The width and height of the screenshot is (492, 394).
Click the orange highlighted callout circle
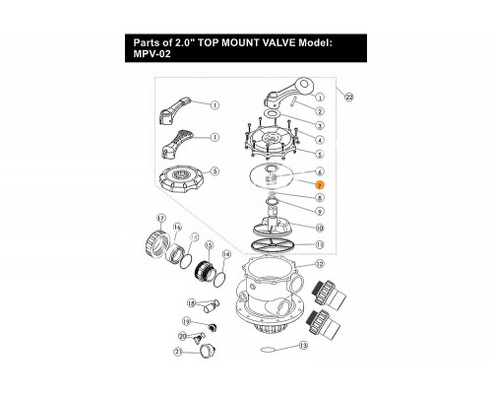[x=320, y=185]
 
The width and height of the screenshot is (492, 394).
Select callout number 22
[x=349, y=97]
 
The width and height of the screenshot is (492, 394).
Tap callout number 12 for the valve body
[x=320, y=264]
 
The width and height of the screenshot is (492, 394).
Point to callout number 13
[x=303, y=346]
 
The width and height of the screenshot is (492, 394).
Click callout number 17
[x=161, y=219]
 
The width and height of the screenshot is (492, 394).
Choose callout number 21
[x=178, y=352]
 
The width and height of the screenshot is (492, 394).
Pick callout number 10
[x=320, y=228]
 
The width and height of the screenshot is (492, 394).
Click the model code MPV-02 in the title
[x=152, y=53]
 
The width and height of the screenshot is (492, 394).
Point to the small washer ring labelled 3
[x=272, y=113]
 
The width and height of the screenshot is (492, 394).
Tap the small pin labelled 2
[x=293, y=100]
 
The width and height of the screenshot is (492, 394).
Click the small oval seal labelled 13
[x=266, y=350]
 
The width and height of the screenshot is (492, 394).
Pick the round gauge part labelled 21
[x=208, y=349]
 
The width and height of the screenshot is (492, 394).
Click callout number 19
[x=186, y=322]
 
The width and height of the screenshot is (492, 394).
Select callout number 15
[x=209, y=245]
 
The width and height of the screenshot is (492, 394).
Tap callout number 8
[x=320, y=198]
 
